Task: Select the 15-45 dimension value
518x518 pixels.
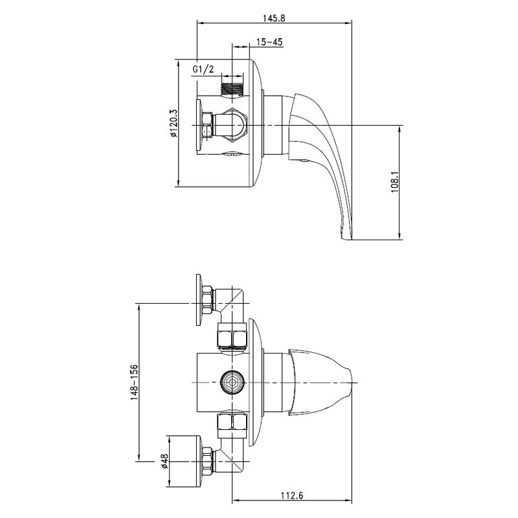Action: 269,42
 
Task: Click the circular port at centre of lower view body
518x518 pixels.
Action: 231,381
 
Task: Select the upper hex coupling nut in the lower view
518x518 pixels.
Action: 232,337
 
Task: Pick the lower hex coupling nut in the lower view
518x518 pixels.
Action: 232,423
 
